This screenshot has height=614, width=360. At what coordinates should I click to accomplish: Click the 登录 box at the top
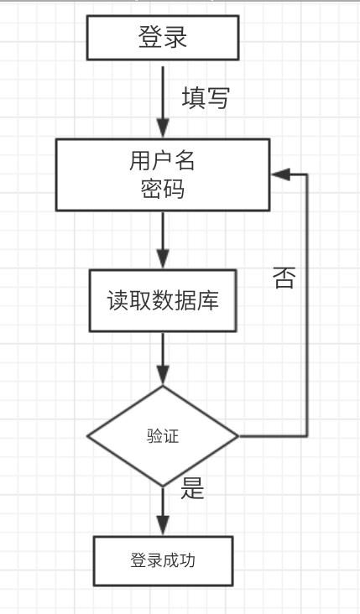click(163, 38)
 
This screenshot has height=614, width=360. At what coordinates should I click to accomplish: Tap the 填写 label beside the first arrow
click(206, 99)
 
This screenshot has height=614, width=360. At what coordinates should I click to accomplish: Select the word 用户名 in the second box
click(163, 160)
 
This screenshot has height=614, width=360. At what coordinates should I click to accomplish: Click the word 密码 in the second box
click(163, 190)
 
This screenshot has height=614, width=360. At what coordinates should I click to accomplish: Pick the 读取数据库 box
click(163, 299)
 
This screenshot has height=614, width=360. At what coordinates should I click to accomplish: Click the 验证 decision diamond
click(163, 436)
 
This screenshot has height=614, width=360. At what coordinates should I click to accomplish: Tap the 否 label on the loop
click(284, 277)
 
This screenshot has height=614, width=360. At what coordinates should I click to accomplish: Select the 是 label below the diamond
click(193, 489)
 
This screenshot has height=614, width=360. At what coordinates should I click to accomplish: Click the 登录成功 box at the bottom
click(163, 560)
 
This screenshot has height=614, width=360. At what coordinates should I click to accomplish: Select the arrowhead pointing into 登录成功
click(163, 526)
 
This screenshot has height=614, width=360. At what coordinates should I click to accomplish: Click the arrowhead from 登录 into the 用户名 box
click(163, 130)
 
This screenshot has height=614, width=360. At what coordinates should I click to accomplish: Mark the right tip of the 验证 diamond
click(238, 436)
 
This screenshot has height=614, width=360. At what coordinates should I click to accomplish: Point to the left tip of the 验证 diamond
click(88, 436)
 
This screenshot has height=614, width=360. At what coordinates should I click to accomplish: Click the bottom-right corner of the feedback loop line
click(308, 436)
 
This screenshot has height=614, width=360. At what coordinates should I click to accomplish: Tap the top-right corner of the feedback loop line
click(308, 174)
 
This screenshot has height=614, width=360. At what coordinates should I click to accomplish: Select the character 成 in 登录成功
click(171, 560)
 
